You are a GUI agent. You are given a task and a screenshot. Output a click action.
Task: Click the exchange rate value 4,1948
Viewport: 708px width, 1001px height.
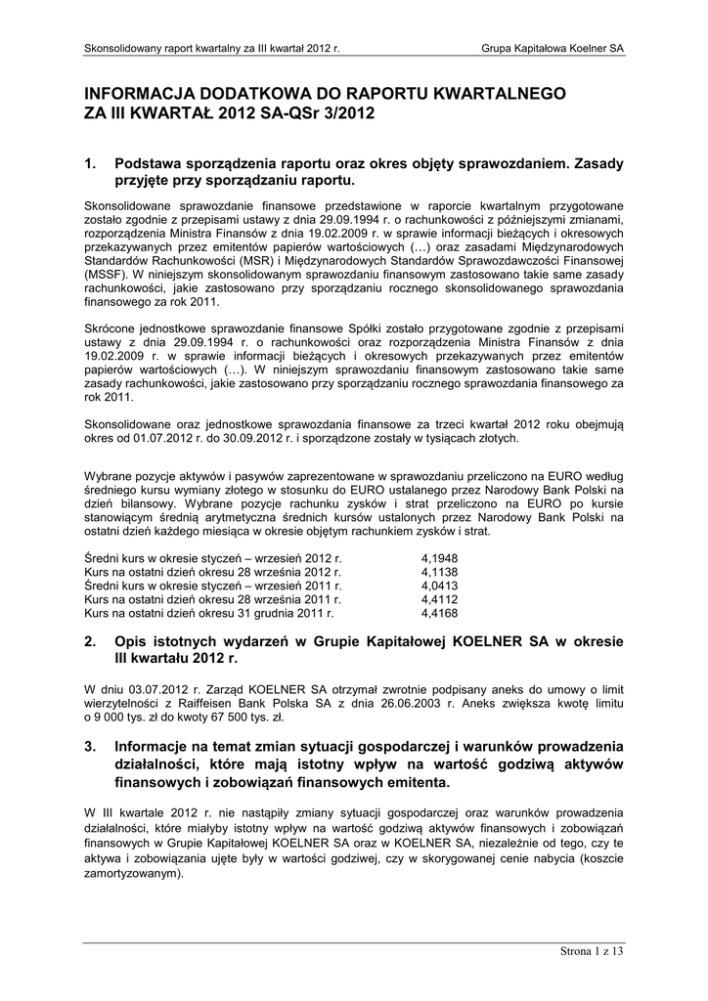tap(439, 557)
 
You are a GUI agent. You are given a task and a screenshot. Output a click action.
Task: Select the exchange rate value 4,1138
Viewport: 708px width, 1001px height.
tap(439, 571)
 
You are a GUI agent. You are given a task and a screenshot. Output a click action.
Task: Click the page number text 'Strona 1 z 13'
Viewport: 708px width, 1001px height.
tap(591, 951)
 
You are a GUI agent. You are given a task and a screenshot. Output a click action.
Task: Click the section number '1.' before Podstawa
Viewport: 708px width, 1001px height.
tap(91, 165)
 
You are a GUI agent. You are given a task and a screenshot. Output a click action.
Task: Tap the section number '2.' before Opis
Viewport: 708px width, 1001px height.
tap(91, 642)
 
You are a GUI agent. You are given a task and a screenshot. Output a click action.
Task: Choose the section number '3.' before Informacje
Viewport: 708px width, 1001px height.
tap(91, 748)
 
